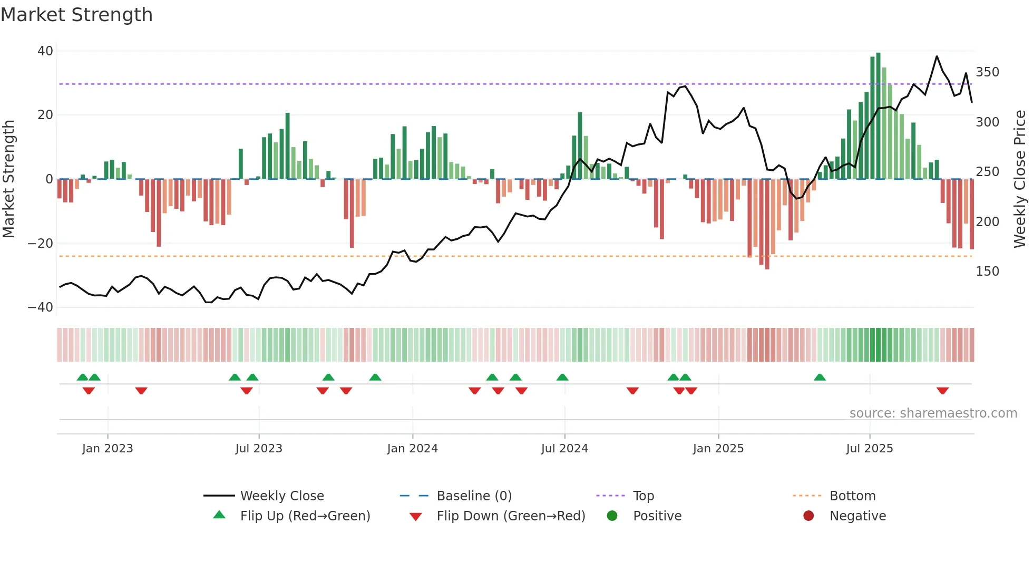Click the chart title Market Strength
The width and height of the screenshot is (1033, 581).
pyautogui.click(x=76, y=15)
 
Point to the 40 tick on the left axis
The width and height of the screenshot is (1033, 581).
pyautogui.click(x=45, y=51)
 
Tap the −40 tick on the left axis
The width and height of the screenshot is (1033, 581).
pyautogui.click(x=41, y=307)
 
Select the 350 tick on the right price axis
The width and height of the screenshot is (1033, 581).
pyautogui.click(x=987, y=72)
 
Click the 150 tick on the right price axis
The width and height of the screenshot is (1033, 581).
pyautogui.click(x=987, y=272)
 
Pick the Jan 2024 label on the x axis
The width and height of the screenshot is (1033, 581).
pyautogui.click(x=412, y=449)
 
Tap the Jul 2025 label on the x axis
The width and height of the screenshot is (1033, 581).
pyautogui.click(x=869, y=449)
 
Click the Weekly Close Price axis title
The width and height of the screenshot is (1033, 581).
pyautogui.click(x=1020, y=179)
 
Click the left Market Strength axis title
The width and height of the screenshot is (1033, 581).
pyautogui.click(x=8, y=179)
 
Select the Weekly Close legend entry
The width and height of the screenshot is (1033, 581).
pyautogui.click(x=281, y=496)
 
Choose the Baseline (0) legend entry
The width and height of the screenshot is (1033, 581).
pyautogui.click(x=474, y=496)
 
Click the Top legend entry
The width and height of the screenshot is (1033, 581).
pyautogui.click(x=643, y=496)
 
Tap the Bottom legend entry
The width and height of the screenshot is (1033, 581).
pyautogui.click(x=852, y=496)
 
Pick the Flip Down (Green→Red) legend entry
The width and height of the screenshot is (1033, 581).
pyautogui.click(x=510, y=516)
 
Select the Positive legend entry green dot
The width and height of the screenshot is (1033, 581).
pyautogui.click(x=612, y=516)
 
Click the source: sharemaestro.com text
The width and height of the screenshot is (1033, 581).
pyautogui.click(x=933, y=413)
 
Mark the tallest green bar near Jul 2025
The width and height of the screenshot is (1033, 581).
pyautogui.click(x=878, y=116)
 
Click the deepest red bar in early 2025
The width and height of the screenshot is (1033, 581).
pyautogui.click(x=767, y=224)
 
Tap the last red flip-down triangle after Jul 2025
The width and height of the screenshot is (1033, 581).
pyautogui.click(x=942, y=391)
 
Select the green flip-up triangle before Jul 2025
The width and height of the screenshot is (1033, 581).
pyautogui.click(x=820, y=377)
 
